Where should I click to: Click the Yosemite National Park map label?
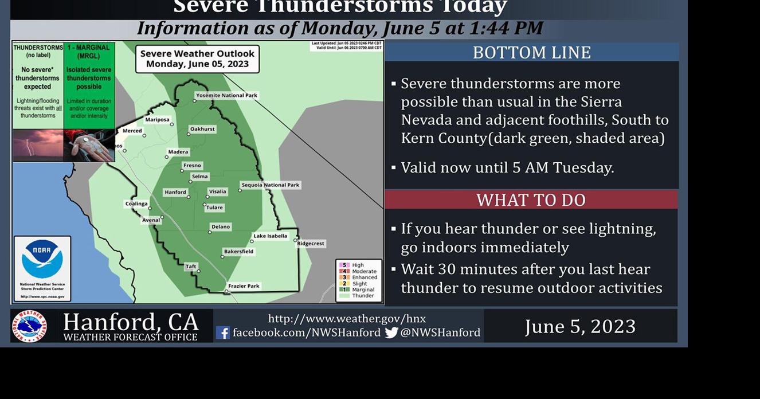click(227, 95)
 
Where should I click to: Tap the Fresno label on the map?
click(192, 166)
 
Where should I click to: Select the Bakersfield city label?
click(238, 251)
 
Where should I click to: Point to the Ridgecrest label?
click(311, 243)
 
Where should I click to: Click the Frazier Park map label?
click(244, 285)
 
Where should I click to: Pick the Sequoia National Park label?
click(271, 185)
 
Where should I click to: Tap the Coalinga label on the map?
click(136, 204)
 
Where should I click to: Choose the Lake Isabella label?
click(270, 236)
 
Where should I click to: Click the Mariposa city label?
click(157, 120)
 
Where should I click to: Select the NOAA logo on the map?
click(42, 259)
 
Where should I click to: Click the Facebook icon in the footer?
click(223, 332)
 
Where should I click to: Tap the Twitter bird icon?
click(391, 332)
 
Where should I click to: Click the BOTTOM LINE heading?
click(531, 52)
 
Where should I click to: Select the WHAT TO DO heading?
click(531, 200)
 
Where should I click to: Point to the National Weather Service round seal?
click(29, 326)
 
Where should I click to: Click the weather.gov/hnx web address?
click(347, 319)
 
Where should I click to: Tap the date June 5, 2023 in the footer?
click(580, 326)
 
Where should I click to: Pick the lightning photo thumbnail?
click(38, 145)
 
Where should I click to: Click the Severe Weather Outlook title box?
click(197, 58)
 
